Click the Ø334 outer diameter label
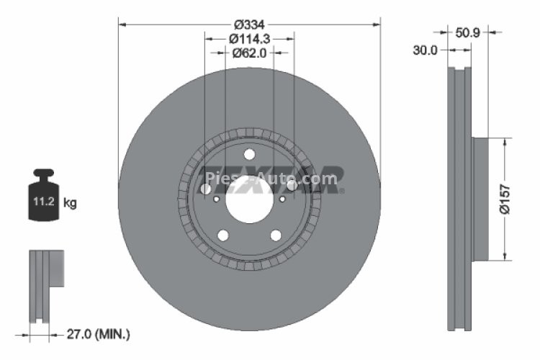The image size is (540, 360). [x=249, y=24]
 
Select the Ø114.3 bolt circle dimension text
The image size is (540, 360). [x=249, y=39]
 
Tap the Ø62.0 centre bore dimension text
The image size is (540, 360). [x=249, y=53]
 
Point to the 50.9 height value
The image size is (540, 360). [x=468, y=32]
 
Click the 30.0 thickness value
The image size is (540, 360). [x=425, y=50]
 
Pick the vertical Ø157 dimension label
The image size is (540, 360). [x=505, y=199]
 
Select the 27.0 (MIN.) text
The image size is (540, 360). [x=99, y=334]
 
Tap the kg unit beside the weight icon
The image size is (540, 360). [x=70, y=203]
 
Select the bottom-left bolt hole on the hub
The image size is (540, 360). [x=223, y=235]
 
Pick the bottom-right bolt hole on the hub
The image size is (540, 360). [x=275, y=235]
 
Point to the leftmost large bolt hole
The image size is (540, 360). [x=207, y=189]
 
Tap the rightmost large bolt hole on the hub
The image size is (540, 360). [x=292, y=186]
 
